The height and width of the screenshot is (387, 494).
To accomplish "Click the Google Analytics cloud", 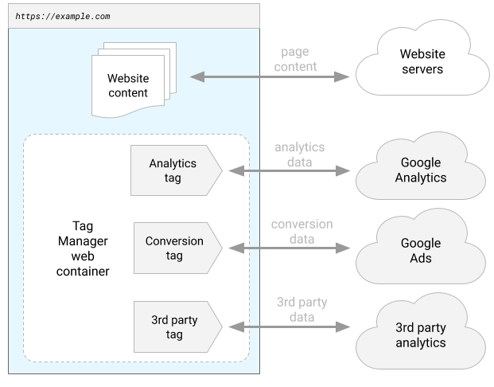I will click(x=421, y=170).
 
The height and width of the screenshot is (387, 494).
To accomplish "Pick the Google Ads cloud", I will click(x=421, y=248).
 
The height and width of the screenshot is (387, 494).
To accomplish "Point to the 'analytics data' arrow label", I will click(x=299, y=154).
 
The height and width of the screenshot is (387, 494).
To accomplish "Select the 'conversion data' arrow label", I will click(x=301, y=232).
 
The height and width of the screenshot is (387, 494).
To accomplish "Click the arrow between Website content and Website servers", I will click(x=270, y=77).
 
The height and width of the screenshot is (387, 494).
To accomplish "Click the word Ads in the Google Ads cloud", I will click(x=421, y=258).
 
